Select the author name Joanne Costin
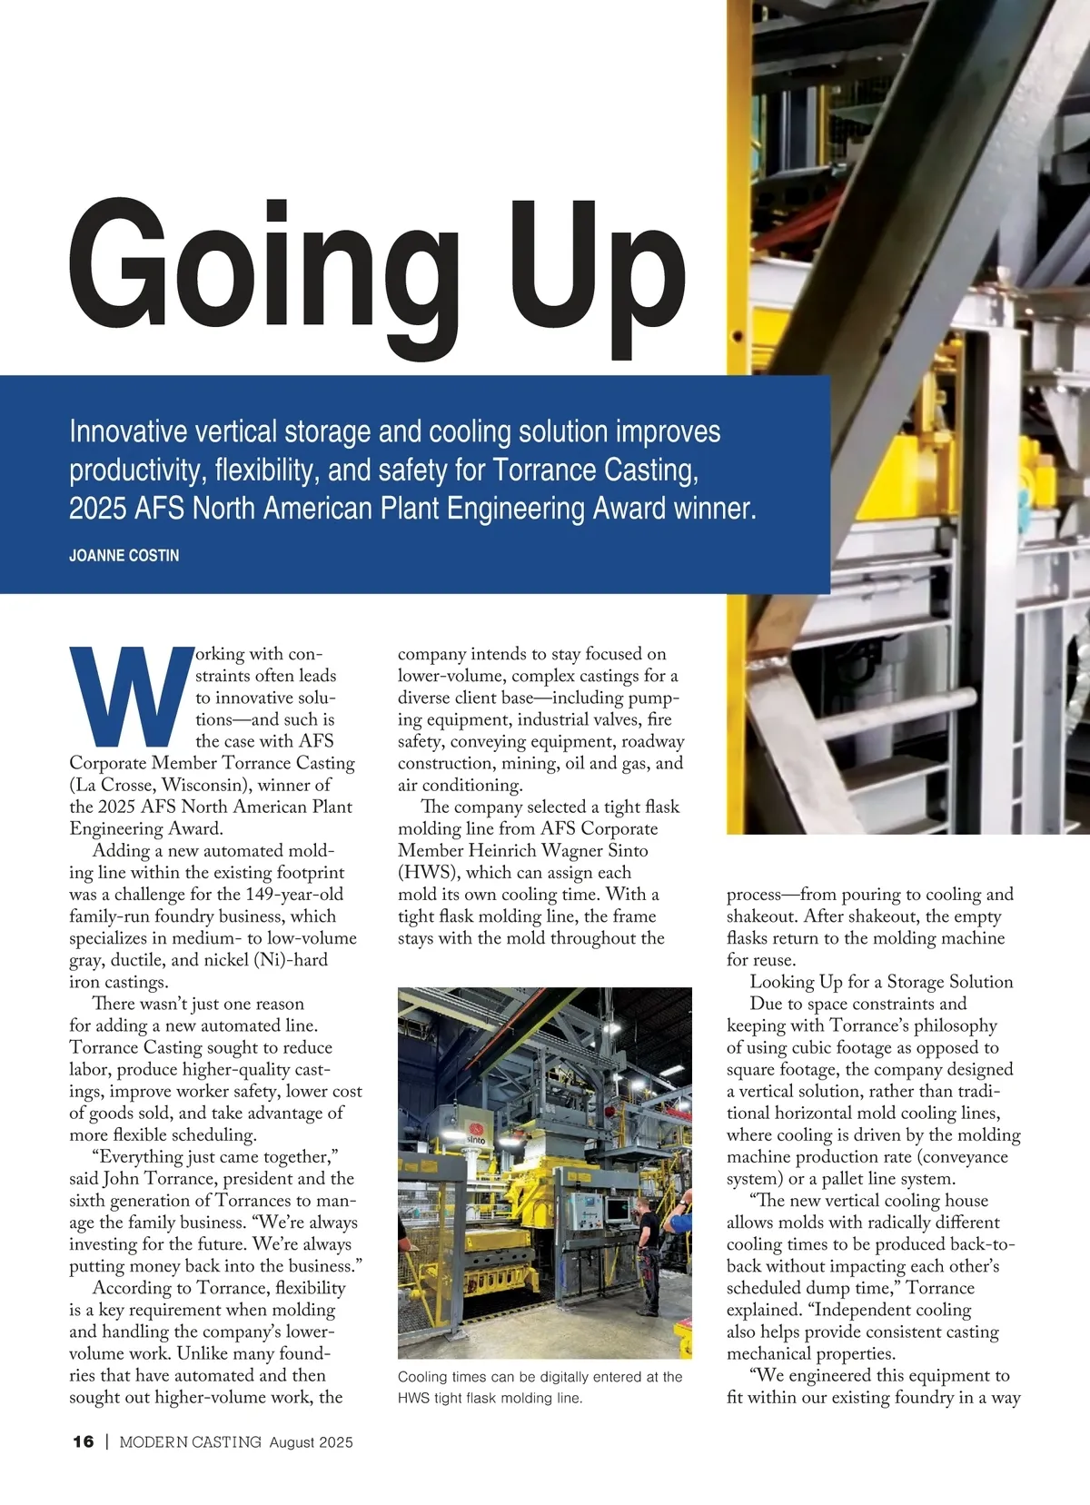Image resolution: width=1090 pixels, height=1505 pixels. click(x=124, y=555)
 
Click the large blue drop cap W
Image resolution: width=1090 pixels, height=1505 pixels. click(x=132, y=696)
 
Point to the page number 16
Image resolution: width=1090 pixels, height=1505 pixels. click(x=83, y=1441)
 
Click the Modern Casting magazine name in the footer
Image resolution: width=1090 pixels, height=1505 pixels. click(x=191, y=1441)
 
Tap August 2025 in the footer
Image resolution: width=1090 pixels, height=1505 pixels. click(x=311, y=1441)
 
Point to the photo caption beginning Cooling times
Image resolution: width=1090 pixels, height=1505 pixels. click(x=540, y=1387)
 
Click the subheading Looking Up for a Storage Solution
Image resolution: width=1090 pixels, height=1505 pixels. click(x=881, y=982)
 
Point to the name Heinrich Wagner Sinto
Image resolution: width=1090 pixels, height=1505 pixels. click(x=558, y=851)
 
